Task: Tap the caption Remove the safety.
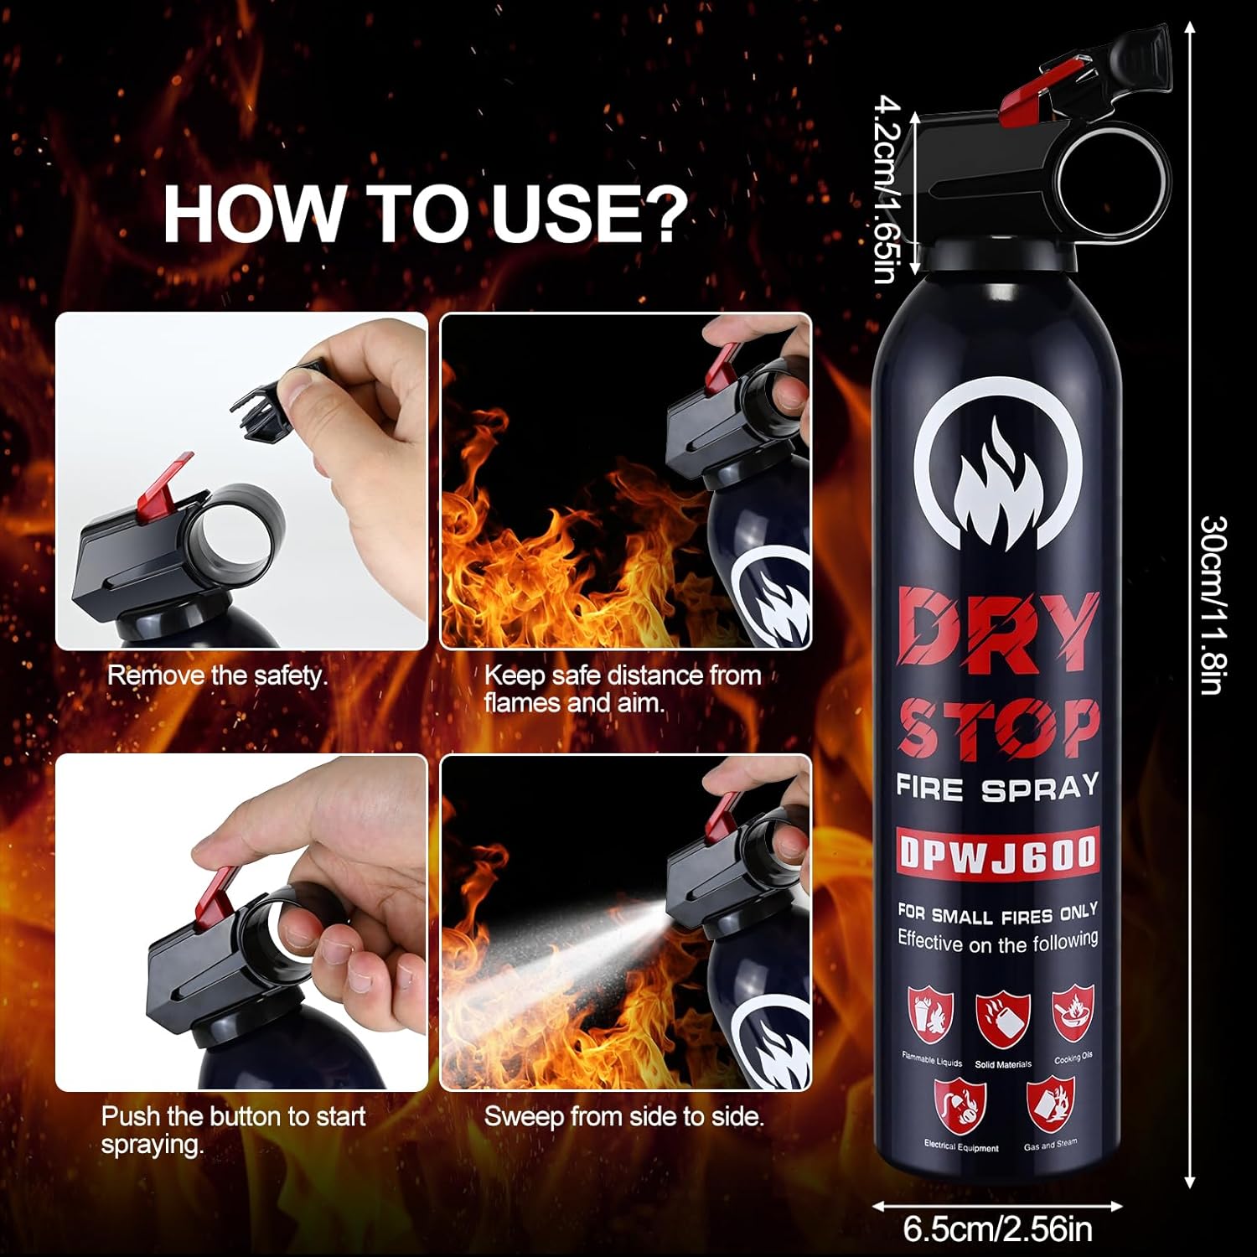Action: pos(217,675)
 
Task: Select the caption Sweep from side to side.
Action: pos(624,1116)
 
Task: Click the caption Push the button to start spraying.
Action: pos(234,1130)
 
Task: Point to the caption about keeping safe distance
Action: pos(623,689)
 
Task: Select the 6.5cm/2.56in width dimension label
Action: pos(997,1230)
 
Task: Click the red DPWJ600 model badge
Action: pos(997,854)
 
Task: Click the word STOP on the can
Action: pos(997,728)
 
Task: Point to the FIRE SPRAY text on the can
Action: pos(997,787)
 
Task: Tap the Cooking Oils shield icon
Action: pos(1073,1013)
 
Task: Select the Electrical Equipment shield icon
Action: pos(960,1106)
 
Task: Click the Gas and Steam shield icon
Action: pos(1050,1103)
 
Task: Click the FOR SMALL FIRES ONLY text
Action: pos(997,913)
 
